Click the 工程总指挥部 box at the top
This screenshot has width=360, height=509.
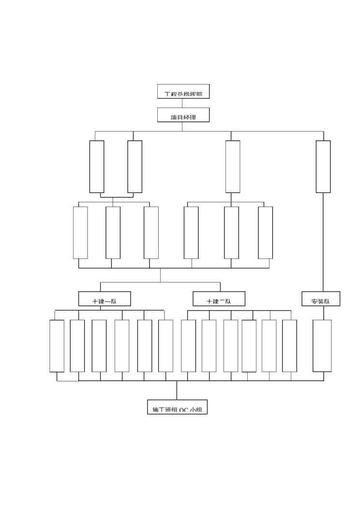pos(183,92)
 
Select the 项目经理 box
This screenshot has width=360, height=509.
pos(183,115)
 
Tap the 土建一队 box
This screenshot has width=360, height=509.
pos(105,299)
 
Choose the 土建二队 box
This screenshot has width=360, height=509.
pos(219,299)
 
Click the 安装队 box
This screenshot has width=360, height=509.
pos(321,299)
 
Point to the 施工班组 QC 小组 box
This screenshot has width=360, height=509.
pos(177,407)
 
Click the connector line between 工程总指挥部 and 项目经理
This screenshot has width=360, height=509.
pos(182,103)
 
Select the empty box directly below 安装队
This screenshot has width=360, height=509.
pos(322,345)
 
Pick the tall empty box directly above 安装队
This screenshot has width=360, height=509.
pos(323,166)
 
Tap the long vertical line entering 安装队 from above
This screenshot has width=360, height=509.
pos(323,242)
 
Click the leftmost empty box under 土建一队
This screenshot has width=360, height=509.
pos(57,345)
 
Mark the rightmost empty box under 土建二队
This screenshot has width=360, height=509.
pos(289,345)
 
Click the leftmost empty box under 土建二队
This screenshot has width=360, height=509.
pos(188,345)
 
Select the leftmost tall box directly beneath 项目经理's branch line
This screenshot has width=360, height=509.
pos(97,166)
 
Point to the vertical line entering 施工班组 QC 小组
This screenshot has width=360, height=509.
pos(177,390)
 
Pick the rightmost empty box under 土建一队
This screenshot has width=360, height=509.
pos(165,345)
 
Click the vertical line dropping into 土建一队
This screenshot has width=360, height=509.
pos(101,286)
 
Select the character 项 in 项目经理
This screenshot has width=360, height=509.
pos(174,117)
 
